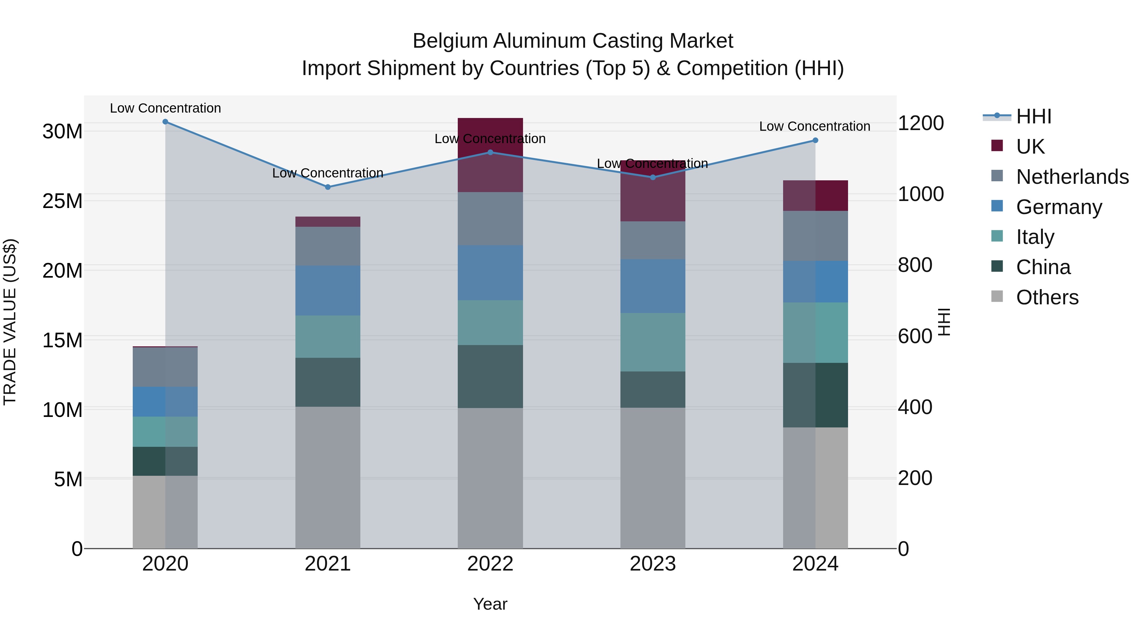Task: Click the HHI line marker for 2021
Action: coord(328,187)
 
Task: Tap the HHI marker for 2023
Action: coord(653,177)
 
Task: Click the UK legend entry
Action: coord(1029,147)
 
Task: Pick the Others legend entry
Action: coord(1047,297)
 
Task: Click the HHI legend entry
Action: coord(1033,116)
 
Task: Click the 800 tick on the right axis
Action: coord(915,265)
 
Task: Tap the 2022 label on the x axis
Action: coord(490,564)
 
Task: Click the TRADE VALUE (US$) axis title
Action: coord(10,322)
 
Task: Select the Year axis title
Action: coord(490,604)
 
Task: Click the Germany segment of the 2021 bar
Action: coord(328,290)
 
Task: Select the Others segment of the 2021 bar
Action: coord(328,477)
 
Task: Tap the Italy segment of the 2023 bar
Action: coord(653,342)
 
